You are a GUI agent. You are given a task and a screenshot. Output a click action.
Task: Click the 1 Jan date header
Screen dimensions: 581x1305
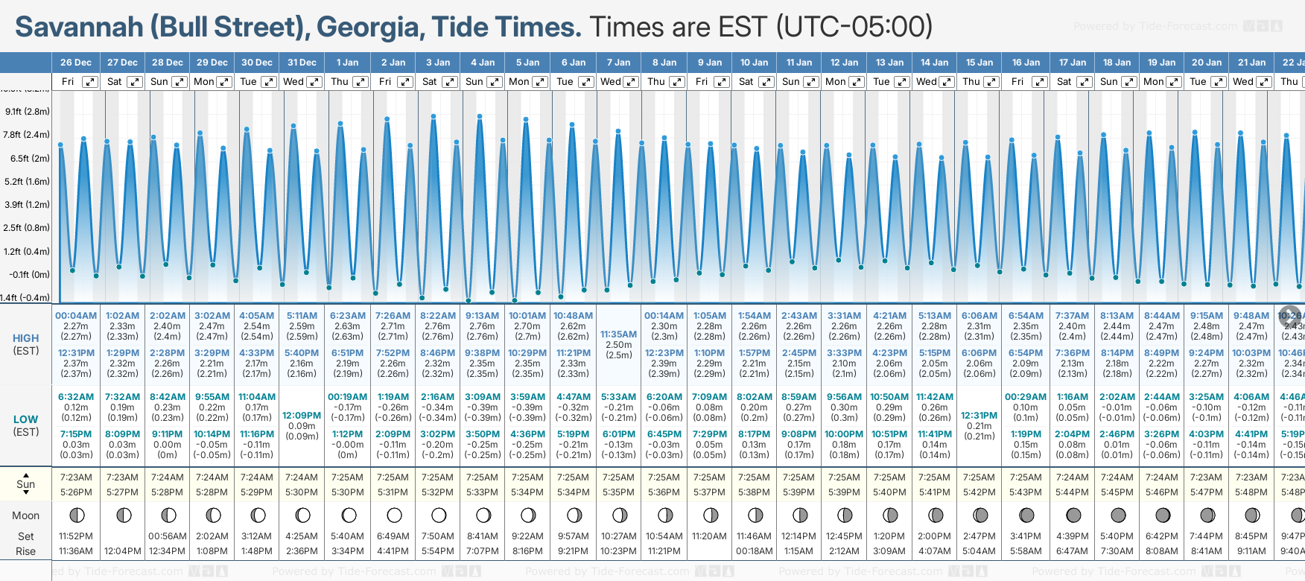click(x=347, y=63)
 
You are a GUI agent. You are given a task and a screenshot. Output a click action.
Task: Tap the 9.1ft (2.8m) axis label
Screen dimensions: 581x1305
click(x=27, y=112)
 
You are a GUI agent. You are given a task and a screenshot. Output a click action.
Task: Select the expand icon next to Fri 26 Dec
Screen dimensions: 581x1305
click(x=89, y=82)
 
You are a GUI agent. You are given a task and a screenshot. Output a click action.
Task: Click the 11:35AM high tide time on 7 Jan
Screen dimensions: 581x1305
click(x=618, y=334)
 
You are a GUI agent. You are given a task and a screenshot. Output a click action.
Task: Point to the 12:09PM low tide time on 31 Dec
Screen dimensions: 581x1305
click(x=302, y=416)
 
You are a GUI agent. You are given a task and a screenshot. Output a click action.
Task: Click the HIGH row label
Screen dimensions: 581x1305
click(x=25, y=338)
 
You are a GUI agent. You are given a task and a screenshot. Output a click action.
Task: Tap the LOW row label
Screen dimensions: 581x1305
click(x=25, y=419)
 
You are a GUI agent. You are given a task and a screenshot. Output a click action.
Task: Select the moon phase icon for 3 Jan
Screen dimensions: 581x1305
click(x=439, y=515)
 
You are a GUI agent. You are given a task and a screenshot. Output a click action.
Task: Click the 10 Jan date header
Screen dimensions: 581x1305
click(x=754, y=63)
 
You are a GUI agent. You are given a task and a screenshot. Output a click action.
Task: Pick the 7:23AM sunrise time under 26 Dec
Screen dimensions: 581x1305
click(x=76, y=477)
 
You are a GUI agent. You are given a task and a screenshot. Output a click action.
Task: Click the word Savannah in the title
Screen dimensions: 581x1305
click(x=79, y=27)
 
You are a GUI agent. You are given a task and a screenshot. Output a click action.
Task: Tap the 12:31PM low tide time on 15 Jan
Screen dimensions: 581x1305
click(x=979, y=416)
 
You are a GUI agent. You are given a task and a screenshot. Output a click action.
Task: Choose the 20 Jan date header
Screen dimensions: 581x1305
click(x=1206, y=63)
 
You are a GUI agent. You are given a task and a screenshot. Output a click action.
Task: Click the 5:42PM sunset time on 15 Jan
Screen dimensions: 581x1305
click(x=979, y=492)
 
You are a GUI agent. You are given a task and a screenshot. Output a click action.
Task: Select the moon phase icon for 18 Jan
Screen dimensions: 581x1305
click(x=1118, y=515)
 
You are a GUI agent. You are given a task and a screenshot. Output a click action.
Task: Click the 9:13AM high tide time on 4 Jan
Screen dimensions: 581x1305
click(x=482, y=316)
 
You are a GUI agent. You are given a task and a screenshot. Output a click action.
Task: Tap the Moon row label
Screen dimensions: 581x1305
click(x=25, y=515)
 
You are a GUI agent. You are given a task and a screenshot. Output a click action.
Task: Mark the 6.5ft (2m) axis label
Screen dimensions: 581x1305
click(x=30, y=159)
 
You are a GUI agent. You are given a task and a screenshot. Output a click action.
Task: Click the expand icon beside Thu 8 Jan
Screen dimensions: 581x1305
click(x=676, y=82)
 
